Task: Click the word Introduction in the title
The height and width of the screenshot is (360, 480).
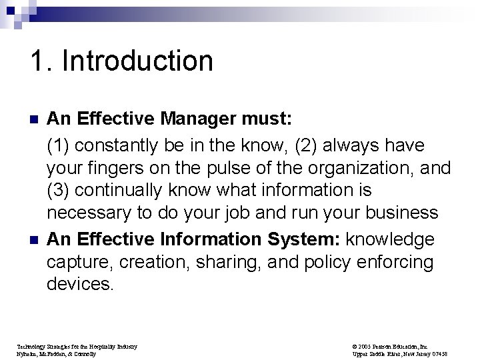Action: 138,61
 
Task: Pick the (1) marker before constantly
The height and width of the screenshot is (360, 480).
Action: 58,144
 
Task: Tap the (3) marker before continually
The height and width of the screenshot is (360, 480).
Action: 58,191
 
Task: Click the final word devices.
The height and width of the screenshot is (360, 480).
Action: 81,285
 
